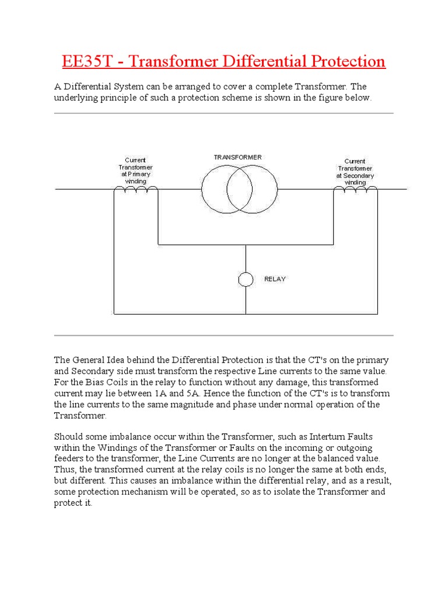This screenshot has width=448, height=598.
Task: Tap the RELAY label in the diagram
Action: coord(275,279)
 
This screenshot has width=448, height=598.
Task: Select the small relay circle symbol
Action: coord(246,279)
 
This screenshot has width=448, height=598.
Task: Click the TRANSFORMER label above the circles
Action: coord(237,157)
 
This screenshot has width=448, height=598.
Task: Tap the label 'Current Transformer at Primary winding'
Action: coord(136,171)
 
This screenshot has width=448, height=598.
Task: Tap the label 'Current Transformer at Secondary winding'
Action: coord(355,172)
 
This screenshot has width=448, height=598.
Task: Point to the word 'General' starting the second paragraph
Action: coord(89,360)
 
